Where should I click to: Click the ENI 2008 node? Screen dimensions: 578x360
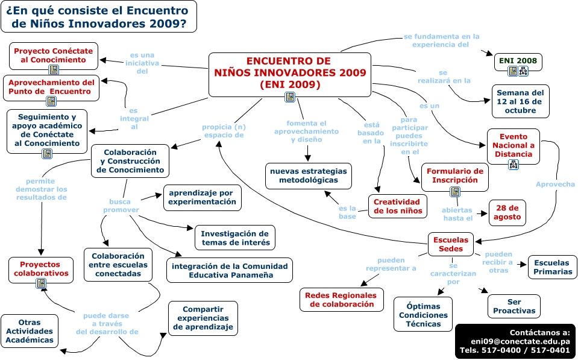[x=518, y=62]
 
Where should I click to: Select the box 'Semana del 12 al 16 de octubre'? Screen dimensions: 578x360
[x=520, y=101]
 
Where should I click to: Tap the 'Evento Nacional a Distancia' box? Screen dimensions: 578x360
[x=513, y=145]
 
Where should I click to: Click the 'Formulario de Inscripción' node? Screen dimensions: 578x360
[x=455, y=175]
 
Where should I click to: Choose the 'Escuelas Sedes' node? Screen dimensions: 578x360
[x=450, y=244]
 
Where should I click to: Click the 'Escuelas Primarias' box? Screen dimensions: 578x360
[x=552, y=267]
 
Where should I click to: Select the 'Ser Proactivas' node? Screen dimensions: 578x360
[x=514, y=306]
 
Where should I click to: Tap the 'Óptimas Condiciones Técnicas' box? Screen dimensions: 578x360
[x=423, y=314]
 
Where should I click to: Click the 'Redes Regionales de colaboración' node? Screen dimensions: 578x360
[x=341, y=300]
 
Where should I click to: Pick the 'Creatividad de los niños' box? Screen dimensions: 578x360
[x=398, y=206]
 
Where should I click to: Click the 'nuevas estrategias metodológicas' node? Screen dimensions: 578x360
[x=308, y=175]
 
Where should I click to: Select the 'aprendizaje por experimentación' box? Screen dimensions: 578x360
[x=203, y=197]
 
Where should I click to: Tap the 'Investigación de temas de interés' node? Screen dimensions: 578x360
[x=234, y=238]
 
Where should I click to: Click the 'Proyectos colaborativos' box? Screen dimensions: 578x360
[x=41, y=268]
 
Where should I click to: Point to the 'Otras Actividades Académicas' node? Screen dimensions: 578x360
[x=30, y=331]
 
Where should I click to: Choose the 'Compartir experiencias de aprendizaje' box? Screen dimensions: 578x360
[x=203, y=318]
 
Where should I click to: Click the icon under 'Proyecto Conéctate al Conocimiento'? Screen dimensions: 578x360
[x=53, y=70]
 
